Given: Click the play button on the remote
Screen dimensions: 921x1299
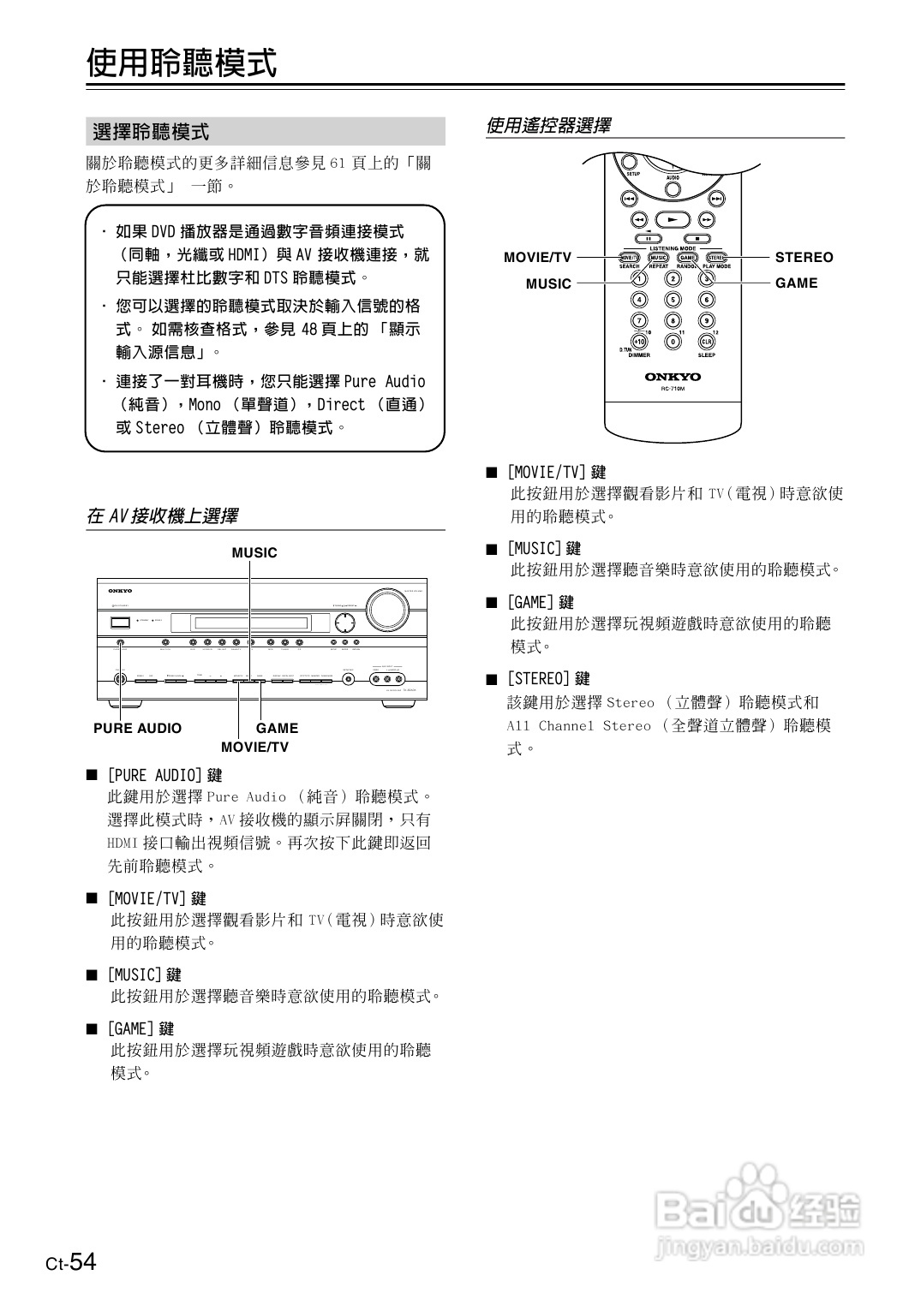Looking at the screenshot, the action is [x=673, y=219].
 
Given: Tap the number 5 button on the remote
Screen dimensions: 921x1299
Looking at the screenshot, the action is [x=673, y=300].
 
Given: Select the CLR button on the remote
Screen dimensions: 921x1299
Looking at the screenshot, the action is [x=707, y=341].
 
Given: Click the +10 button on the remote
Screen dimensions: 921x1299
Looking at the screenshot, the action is [x=638, y=341].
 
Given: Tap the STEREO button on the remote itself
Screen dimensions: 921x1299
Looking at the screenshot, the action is [x=716, y=257].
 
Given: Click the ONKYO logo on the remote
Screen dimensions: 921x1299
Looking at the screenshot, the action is [x=673, y=377].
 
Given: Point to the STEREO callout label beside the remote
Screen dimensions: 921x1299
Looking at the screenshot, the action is [x=804, y=257].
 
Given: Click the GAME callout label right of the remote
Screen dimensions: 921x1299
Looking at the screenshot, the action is [x=796, y=283].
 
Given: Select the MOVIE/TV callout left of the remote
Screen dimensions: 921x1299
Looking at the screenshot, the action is [x=537, y=257].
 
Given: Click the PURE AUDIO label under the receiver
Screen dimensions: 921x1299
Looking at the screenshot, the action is [x=137, y=729].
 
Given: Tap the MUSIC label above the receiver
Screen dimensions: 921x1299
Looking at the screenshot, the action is [x=254, y=553].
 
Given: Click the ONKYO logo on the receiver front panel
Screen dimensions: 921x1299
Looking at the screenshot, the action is [x=120, y=591].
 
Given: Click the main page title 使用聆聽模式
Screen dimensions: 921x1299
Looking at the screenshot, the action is [x=182, y=62].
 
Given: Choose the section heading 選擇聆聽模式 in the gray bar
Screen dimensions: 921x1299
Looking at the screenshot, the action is [x=151, y=132].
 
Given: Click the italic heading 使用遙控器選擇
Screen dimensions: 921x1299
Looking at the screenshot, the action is [x=548, y=126].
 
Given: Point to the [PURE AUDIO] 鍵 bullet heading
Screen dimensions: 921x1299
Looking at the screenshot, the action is [x=164, y=775].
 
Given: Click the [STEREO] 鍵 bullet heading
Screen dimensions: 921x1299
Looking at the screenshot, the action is [x=548, y=678].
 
